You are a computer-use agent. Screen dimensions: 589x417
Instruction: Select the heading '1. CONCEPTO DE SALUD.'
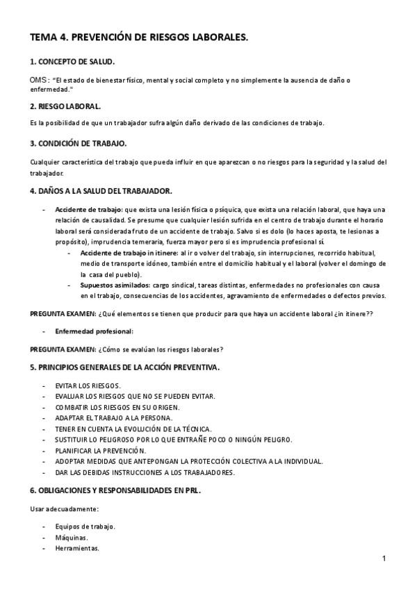click(x=72, y=62)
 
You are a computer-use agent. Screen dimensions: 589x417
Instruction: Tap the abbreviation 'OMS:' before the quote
click(x=40, y=81)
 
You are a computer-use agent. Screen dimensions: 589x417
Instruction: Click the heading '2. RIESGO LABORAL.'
click(x=65, y=106)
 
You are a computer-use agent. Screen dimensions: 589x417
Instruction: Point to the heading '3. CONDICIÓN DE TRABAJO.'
click(x=78, y=143)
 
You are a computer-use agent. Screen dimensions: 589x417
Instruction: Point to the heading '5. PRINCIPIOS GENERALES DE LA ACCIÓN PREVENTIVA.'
click(x=125, y=367)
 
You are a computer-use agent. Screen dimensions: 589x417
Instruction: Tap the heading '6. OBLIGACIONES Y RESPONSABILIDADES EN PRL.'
click(x=115, y=490)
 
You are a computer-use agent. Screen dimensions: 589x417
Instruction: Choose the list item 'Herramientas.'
click(x=77, y=548)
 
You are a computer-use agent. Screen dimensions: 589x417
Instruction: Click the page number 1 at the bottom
click(x=384, y=558)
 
